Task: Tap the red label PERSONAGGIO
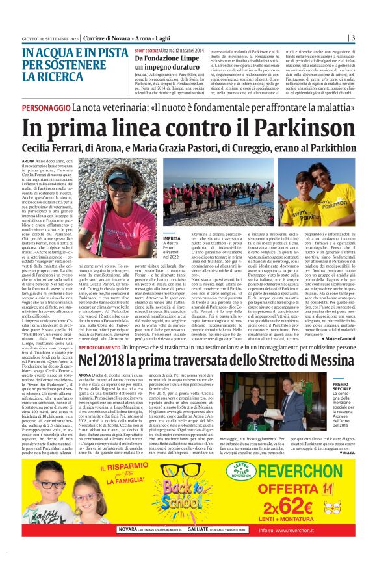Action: point(45,106)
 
